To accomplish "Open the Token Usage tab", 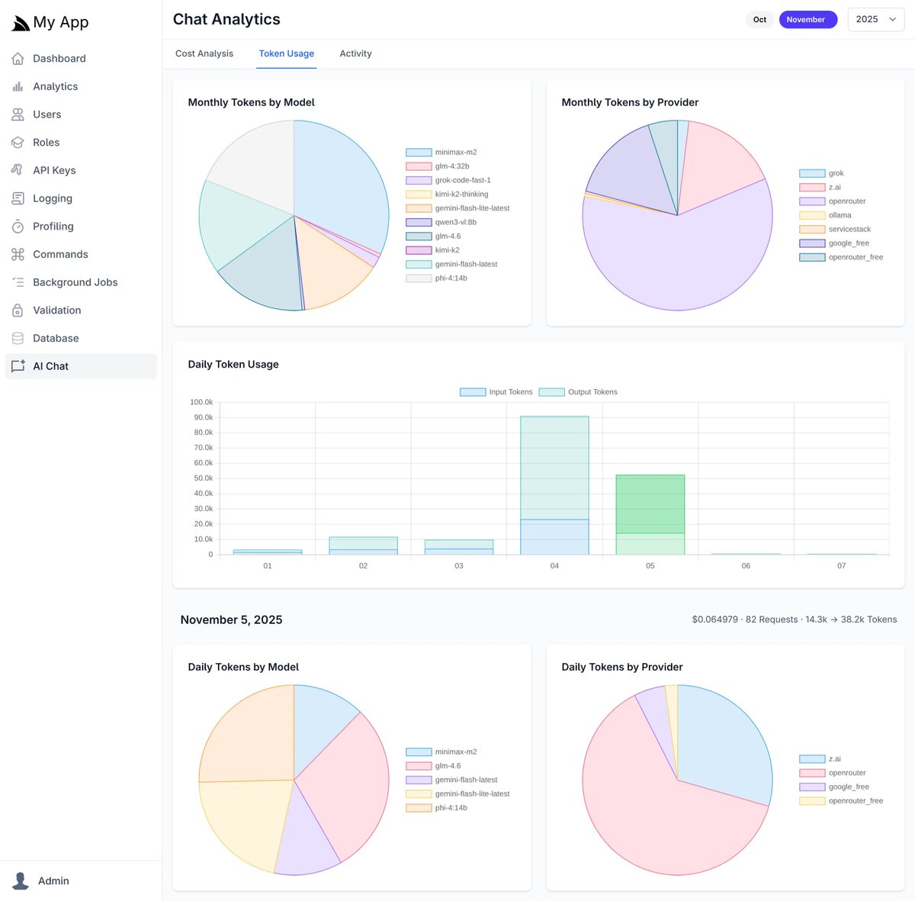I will pos(286,53).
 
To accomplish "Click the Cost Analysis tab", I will pos(204,53).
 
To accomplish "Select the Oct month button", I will pos(759,20).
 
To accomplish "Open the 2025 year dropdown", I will pos(875,20).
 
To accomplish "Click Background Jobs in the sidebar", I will pos(75,282).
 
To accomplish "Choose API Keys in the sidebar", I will pos(54,170).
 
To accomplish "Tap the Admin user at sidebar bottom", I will pos(53,880).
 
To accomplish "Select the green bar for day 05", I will pos(650,504).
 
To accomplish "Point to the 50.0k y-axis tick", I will pos(203,478).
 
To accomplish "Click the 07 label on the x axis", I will pos(841,566).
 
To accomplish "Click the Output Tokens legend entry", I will pos(579,392).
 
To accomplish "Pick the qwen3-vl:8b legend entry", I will pos(455,222).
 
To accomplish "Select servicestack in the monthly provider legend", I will pos(849,229).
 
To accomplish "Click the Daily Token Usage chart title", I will pos(233,365).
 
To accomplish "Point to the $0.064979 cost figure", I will pos(714,619).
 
